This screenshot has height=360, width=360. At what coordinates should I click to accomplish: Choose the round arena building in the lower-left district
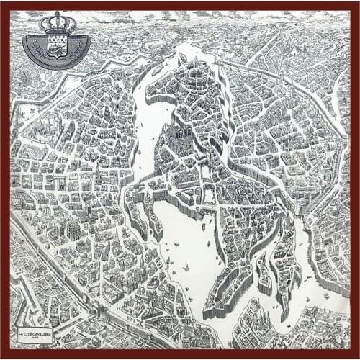(x=74, y=230)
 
